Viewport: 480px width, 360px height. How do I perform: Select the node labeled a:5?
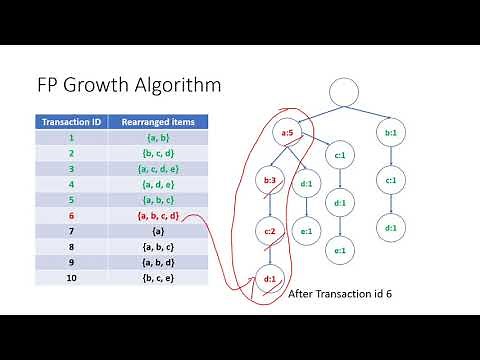(286, 132)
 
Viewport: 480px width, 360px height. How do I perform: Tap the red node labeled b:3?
(269, 181)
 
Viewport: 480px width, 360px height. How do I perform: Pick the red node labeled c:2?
(270, 230)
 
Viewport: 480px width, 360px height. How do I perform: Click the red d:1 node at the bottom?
(270, 278)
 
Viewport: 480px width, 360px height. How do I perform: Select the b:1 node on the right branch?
(389, 132)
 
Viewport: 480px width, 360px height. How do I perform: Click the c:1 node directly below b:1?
(389, 180)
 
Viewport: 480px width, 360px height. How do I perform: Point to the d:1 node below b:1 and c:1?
(389, 229)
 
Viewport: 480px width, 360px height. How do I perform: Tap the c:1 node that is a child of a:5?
(340, 155)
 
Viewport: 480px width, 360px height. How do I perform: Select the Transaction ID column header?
(71, 122)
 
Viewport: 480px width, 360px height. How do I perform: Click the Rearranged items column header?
(157, 122)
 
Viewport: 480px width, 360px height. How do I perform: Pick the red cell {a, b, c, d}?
(157, 215)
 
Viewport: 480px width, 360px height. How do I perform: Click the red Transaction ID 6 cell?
(71, 215)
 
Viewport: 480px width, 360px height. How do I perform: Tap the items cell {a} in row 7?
(157, 231)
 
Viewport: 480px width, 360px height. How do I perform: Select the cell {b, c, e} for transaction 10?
(157, 277)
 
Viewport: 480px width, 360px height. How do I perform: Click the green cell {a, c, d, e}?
(157, 169)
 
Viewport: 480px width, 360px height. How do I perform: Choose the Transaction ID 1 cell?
(71, 138)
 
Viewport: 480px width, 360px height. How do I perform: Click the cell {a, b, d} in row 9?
(157, 262)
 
